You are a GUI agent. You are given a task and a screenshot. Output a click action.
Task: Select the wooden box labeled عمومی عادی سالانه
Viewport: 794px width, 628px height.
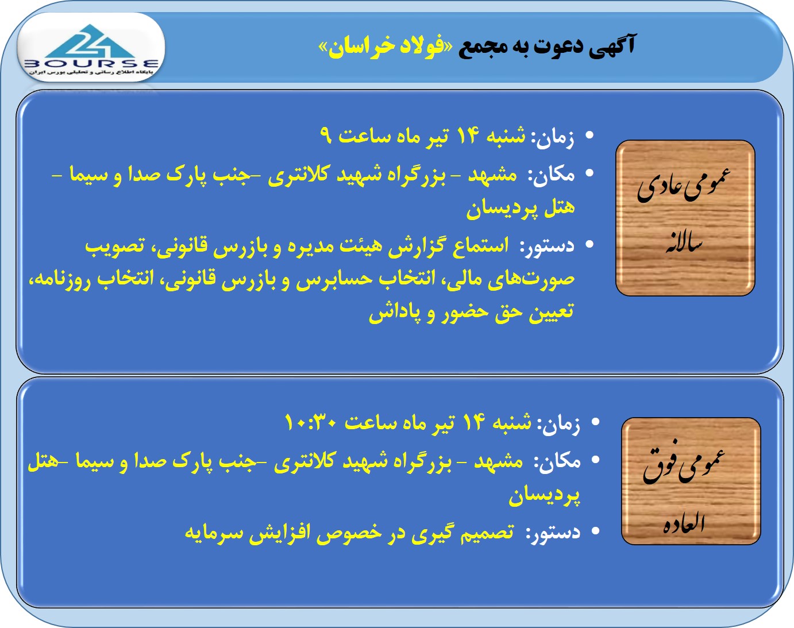[x=685, y=218]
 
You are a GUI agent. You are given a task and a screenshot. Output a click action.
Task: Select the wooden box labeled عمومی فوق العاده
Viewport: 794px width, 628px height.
[x=691, y=481]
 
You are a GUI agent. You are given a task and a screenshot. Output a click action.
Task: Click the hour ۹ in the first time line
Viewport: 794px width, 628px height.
[x=326, y=136]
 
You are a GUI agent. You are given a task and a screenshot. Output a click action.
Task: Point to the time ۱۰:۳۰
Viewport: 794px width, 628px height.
[x=311, y=422]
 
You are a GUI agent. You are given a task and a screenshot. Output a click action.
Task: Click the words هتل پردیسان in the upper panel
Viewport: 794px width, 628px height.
[x=521, y=209]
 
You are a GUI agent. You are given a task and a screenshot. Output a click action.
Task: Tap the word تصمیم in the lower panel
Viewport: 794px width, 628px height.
[x=487, y=532]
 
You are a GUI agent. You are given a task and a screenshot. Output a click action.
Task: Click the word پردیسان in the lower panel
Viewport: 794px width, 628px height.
[x=545, y=496]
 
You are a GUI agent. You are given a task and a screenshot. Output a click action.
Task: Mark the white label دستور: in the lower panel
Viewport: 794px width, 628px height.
[x=553, y=533]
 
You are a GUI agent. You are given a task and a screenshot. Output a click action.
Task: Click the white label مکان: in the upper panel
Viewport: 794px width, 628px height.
[x=551, y=175]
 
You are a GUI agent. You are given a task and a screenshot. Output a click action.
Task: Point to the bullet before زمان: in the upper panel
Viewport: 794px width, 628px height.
[x=589, y=136]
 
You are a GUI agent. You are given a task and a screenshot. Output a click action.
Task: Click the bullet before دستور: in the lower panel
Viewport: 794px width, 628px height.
[x=595, y=531]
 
